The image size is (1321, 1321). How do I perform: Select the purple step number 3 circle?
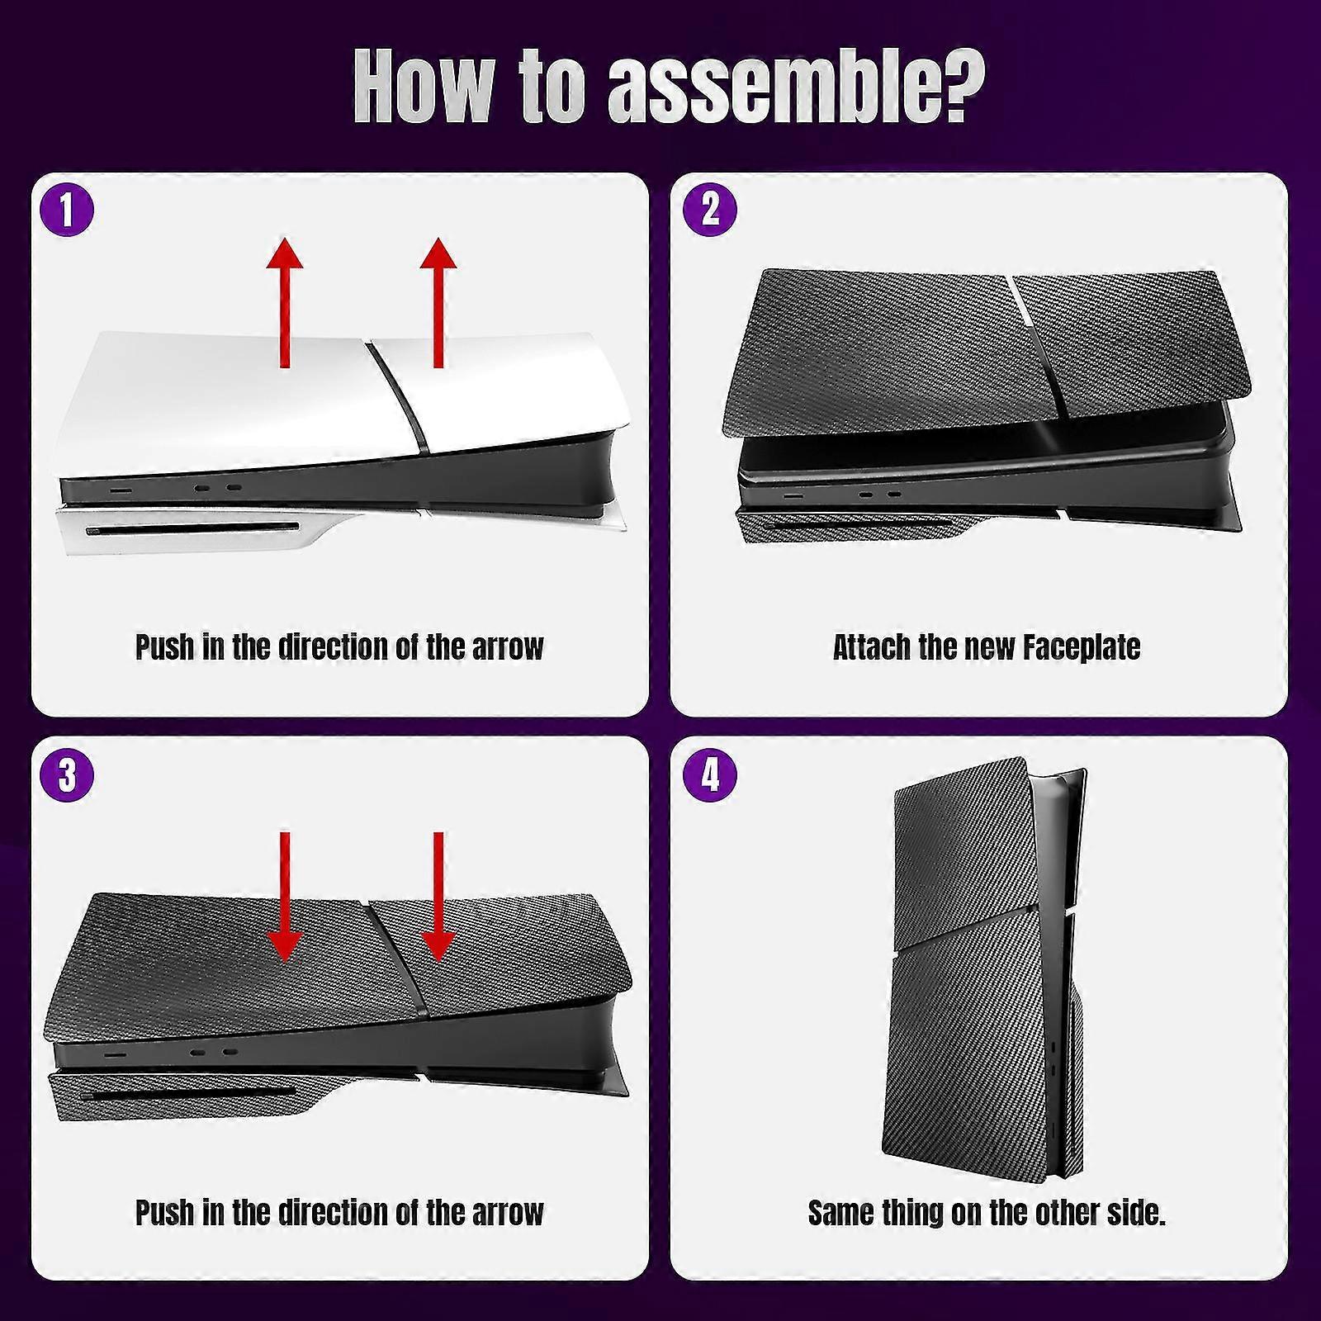(x=67, y=775)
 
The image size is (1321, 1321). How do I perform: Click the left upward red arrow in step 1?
(x=285, y=301)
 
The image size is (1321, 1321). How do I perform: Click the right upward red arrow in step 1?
(x=438, y=301)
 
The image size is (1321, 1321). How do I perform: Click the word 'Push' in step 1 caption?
(x=165, y=647)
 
